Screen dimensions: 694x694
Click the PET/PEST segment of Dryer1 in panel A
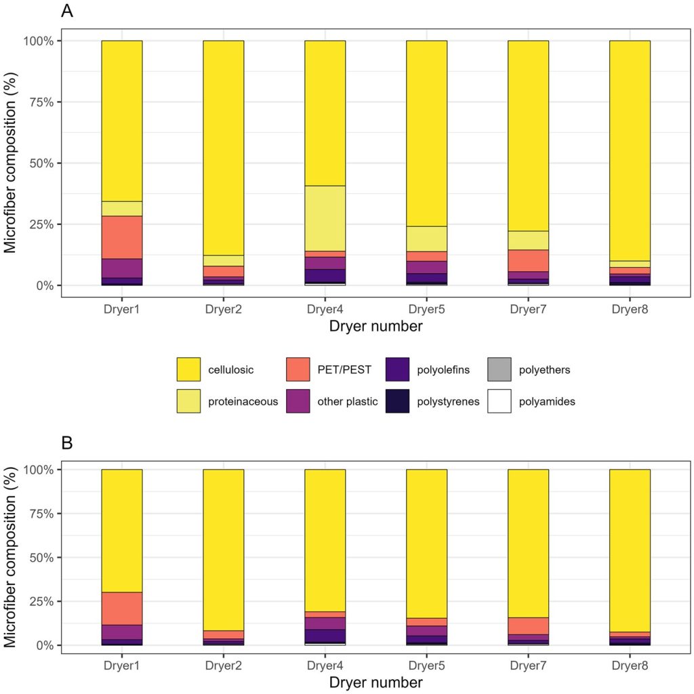[122, 237]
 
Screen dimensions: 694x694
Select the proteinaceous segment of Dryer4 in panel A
[325, 218]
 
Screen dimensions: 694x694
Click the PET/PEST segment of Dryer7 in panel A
[528, 261]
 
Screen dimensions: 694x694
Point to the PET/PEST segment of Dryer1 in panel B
[122, 609]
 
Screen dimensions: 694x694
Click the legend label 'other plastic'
[348, 401]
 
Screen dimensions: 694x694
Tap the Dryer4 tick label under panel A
[325, 309]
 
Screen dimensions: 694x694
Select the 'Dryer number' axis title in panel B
[376, 682]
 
